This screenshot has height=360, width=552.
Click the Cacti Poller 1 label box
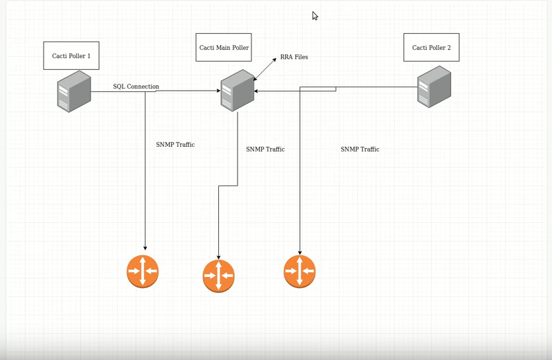pos(71,55)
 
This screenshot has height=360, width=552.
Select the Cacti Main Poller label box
pos(223,47)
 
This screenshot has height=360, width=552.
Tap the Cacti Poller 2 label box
pos(431,47)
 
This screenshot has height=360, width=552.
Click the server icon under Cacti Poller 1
pos(74,91)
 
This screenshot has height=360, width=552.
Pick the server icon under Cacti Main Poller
pos(238,91)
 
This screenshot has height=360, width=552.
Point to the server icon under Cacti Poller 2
pos(434,87)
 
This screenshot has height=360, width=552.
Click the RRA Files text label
pos(294,57)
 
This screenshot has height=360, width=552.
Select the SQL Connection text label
pos(136,87)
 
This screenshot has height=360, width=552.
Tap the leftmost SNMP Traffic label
pos(175,145)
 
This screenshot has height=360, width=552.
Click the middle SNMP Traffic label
pos(265,149)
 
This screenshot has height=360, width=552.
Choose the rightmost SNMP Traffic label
pos(359,149)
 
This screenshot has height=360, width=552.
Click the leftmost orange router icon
pos(143,271)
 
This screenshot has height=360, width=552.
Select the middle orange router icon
pos(218,276)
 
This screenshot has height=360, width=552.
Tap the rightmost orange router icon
pos(299,271)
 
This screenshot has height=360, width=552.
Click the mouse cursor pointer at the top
pos(314,16)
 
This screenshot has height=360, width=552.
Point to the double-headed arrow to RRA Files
pos(265,69)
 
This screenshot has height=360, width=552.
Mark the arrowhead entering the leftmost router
pos(145,247)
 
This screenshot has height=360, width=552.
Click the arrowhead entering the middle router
pos(218,256)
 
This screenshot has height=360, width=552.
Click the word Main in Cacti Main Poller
pos(223,48)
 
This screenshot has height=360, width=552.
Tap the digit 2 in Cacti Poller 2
pos(449,48)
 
